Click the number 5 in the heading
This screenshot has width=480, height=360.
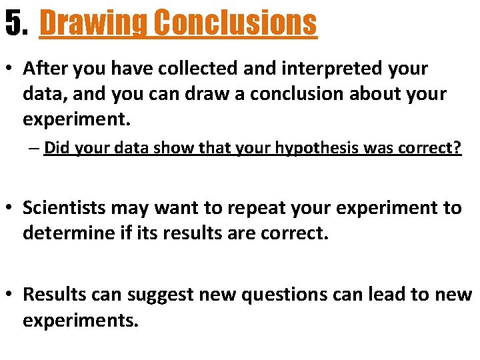tap(13, 23)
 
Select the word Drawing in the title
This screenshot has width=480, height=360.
tap(93, 23)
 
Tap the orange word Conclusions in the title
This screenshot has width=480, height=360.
tap(234, 23)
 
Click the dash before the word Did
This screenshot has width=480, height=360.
tap(34, 148)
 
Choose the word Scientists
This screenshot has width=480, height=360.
tap(64, 208)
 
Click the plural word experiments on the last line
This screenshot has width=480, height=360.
tap(81, 320)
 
